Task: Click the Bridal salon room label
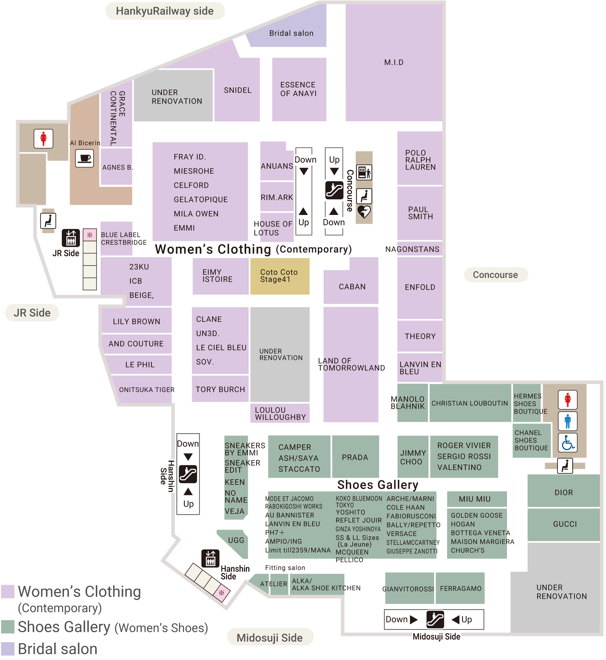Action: pos(291,33)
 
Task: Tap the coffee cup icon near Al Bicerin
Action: pos(85,159)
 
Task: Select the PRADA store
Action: pos(355,457)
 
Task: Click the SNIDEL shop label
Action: pos(238,90)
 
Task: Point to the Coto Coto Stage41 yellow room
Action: pos(280,276)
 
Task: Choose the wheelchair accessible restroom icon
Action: pos(568,443)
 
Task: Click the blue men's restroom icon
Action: pos(568,421)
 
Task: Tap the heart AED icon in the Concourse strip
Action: pos(364,212)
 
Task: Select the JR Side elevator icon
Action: pos(71,237)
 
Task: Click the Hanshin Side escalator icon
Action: pos(188,474)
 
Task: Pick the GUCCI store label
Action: pos(565,524)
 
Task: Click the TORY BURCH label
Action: pos(220,389)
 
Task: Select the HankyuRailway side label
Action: pos(165,11)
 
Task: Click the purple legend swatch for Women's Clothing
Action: pos(8,591)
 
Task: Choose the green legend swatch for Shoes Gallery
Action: pos(8,627)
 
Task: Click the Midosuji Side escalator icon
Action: pos(435,619)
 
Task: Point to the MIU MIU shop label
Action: pos(474,499)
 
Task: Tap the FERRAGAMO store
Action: pos(460,588)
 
